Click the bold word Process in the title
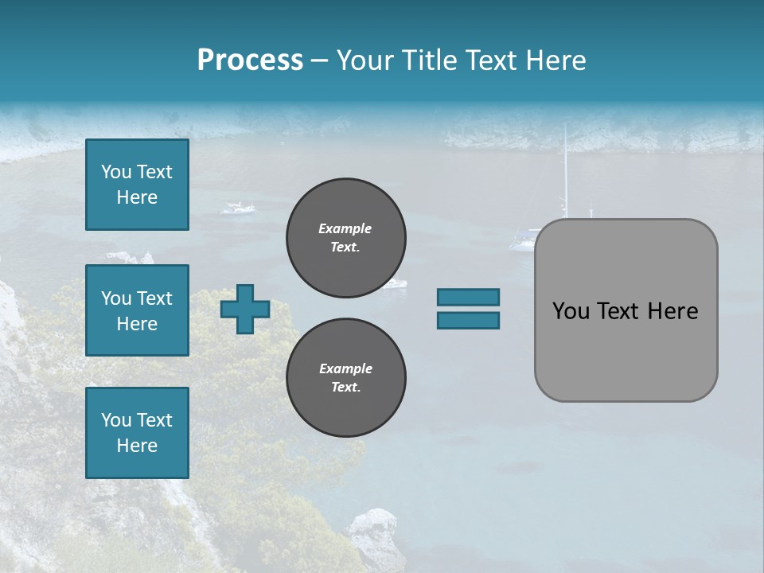pyautogui.click(x=250, y=60)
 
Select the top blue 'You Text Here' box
pyautogui.click(x=137, y=185)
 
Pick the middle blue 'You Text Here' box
pyautogui.click(x=137, y=310)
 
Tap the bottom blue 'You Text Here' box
pyautogui.click(x=137, y=433)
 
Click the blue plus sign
pyautogui.click(x=245, y=309)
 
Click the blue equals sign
pyautogui.click(x=468, y=309)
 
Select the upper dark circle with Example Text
pyautogui.click(x=346, y=238)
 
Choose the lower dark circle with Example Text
pyautogui.click(x=346, y=378)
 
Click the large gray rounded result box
pyautogui.click(x=626, y=310)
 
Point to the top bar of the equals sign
pyautogui.click(x=468, y=297)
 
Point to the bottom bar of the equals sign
pyautogui.click(x=468, y=321)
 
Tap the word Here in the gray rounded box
pyautogui.click(x=672, y=311)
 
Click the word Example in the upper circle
pyautogui.click(x=345, y=229)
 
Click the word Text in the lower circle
pyautogui.click(x=345, y=388)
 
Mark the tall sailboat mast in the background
pyautogui.click(x=566, y=171)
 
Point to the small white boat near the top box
pyautogui.click(x=238, y=209)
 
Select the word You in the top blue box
pyautogui.click(x=116, y=172)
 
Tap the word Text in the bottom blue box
pyautogui.click(x=154, y=420)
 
